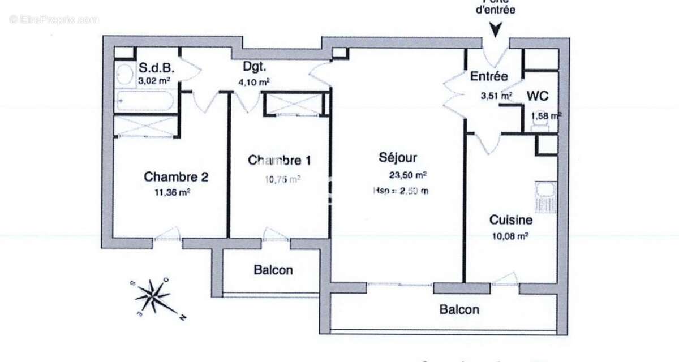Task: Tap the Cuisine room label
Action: [510, 219]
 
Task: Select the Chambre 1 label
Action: [279, 160]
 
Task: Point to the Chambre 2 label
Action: [176, 176]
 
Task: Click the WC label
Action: [538, 96]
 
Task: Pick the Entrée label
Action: [489, 76]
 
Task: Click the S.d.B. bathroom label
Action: [156, 68]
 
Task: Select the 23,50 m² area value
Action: [407, 175]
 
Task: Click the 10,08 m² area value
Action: [510, 235]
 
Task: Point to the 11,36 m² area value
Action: [172, 192]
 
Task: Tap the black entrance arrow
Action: [495, 30]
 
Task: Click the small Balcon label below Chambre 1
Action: [273, 270]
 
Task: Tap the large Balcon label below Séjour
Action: [459, 309]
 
